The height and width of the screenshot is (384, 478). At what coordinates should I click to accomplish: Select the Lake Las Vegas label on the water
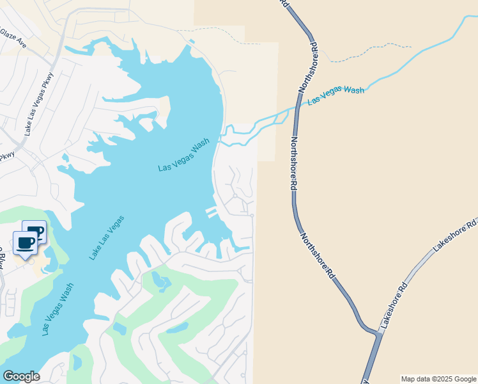[x=106, y=237]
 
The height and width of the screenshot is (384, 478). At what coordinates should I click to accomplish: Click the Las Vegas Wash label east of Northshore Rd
[x=335, y=95]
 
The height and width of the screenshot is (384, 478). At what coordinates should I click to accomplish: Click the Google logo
[x=21, y=376]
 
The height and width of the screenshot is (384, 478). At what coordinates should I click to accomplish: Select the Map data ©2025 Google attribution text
[x=438, y=379]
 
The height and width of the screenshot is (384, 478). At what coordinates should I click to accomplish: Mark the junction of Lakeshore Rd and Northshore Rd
[x=376, y=332]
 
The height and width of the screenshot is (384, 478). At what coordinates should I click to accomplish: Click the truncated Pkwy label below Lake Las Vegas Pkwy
[x=6, y=156]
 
